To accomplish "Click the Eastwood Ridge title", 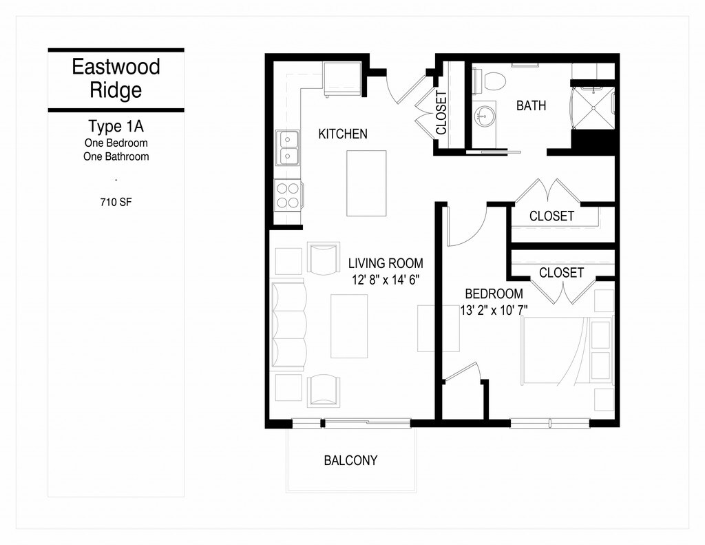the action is (x=116, y=78).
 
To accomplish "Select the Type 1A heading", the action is (x=116, y=127).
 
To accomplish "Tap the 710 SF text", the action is (x=116, y=203).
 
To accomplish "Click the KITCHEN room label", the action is (x=342, y=134).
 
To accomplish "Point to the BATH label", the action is (x=531, y=105).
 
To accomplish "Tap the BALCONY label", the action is (x=350, y=460).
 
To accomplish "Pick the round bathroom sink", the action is (x=485, y=115).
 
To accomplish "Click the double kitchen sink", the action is (x=288, y=147).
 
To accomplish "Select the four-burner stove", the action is (x=288, y=195).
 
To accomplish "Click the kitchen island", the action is (x=366, y=183).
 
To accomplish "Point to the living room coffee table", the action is (x=348, y=325).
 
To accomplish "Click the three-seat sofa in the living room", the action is (x=289, y=325).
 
